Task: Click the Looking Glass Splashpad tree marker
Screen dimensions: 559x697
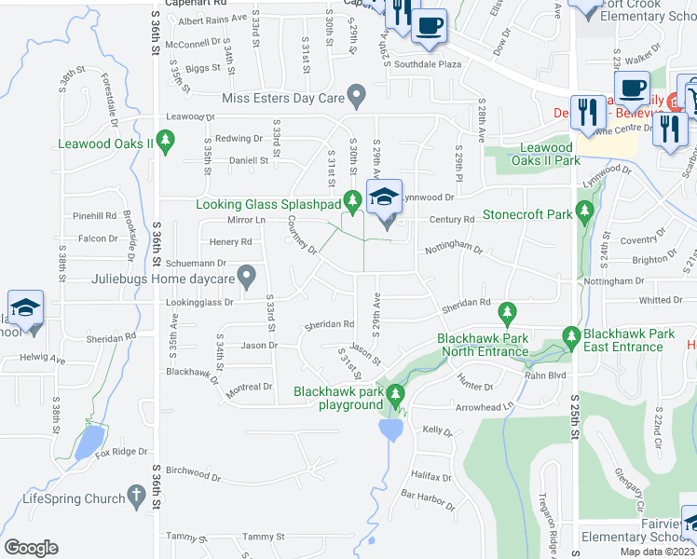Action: [352, 200]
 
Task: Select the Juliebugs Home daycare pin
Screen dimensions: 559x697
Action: [246, 276]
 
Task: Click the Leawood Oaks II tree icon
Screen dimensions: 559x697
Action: [166, 143]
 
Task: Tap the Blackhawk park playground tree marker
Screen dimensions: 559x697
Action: [396, 395]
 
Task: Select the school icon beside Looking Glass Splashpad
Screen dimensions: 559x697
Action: [384, 198]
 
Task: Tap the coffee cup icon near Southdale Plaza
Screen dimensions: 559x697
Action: [429, 27]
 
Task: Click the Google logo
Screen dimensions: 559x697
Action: [31, 547]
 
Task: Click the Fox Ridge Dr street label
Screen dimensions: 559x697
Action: [122, 452]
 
